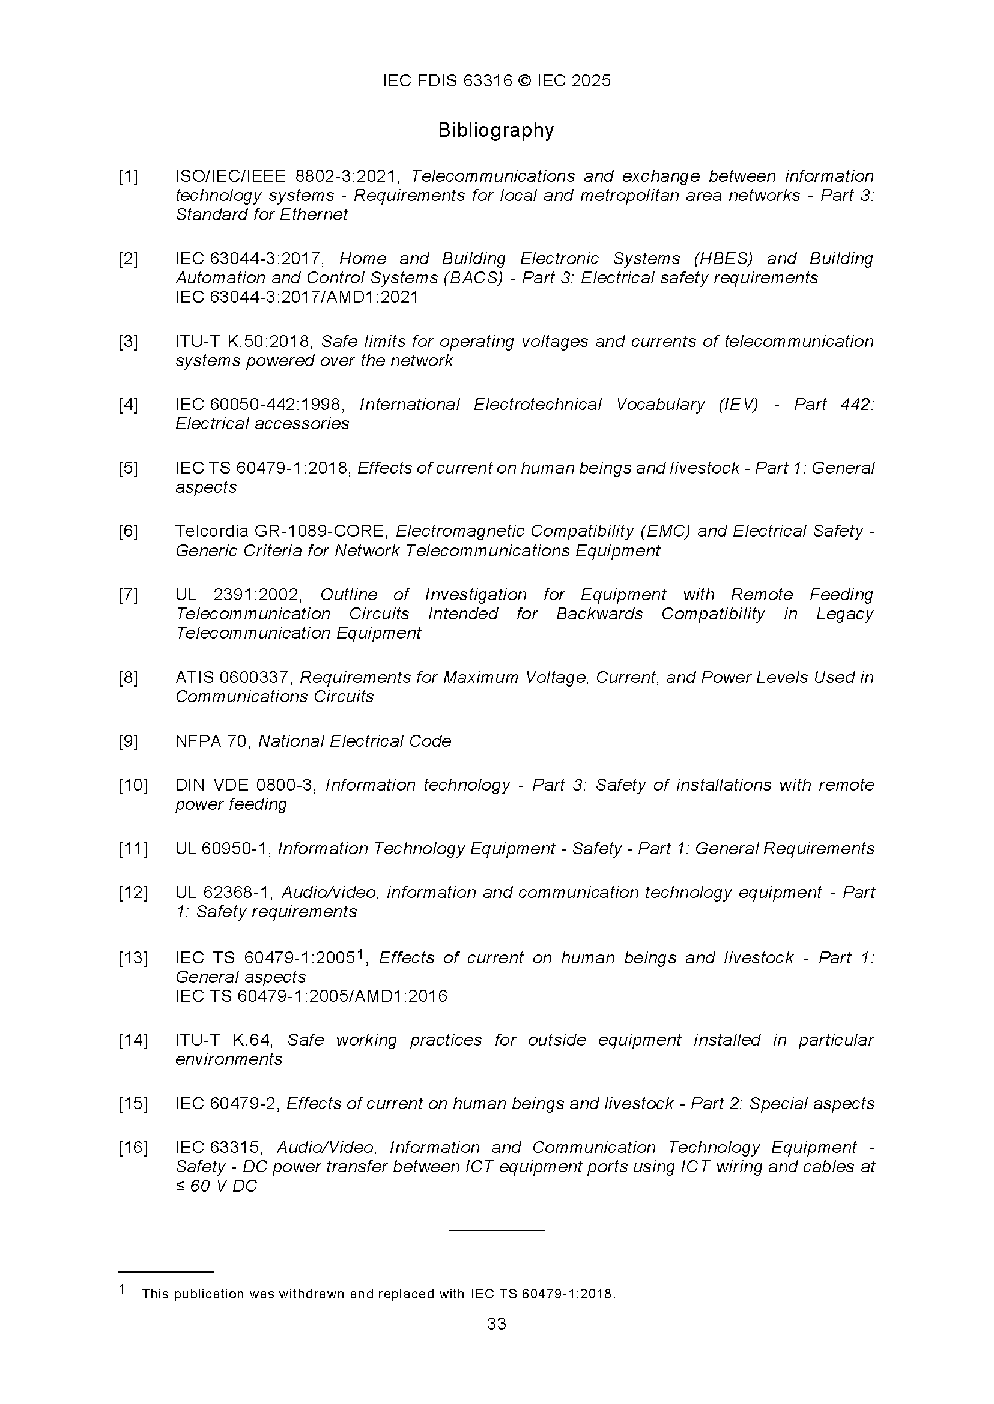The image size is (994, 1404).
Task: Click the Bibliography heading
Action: click(x=495, y=130)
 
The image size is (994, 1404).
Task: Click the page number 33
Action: click(x=496, y=1323)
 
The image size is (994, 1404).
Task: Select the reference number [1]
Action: click(x=128, y=177)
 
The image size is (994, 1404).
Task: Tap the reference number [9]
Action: click(x=128, y=741)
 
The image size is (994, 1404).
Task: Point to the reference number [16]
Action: click(x=133, y=1148)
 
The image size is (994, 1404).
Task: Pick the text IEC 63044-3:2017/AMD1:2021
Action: click(x=297, y=297)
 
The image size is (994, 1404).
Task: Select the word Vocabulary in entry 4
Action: click(x=660, y=405)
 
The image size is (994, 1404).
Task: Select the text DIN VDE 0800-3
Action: click(x=245, y=785)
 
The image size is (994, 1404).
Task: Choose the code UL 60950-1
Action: click(x=223, y=849)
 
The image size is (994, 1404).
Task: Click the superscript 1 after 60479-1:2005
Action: click(x=360, y=954)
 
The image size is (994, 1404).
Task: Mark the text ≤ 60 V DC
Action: click(x=216, y=1186)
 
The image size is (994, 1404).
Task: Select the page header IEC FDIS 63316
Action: click(x=447, y=82)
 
